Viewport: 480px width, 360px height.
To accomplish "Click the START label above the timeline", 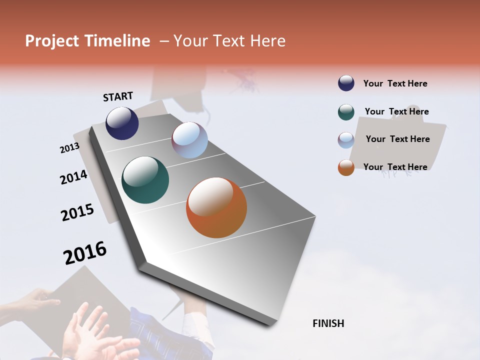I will coord(118,96).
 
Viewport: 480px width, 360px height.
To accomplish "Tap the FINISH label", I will coord(328,323).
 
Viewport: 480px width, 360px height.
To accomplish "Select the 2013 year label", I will coord(69,148).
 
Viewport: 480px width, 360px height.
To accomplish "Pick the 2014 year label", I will coord(73,177).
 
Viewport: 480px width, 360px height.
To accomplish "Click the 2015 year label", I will coord(77,212).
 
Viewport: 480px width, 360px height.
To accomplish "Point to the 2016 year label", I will coord(85,253).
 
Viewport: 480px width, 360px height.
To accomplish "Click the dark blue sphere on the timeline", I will coord(122,123).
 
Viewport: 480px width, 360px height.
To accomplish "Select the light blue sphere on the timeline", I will coord(189,140).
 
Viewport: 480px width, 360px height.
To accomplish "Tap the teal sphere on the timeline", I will coord(145,180).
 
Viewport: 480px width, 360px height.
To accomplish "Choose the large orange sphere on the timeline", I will coord(216,207).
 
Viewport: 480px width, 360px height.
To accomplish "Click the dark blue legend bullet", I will coord(346,83).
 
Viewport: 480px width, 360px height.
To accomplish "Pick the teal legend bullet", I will coord(346,112).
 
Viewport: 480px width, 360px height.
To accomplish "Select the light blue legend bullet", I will coord(346,140).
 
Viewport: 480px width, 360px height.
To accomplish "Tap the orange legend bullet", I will coord(346,167).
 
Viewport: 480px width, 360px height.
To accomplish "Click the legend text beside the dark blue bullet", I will coord(395,83).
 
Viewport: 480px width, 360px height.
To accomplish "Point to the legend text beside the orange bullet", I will coord(395,167).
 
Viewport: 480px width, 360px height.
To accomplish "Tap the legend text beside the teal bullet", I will coord(396,111).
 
